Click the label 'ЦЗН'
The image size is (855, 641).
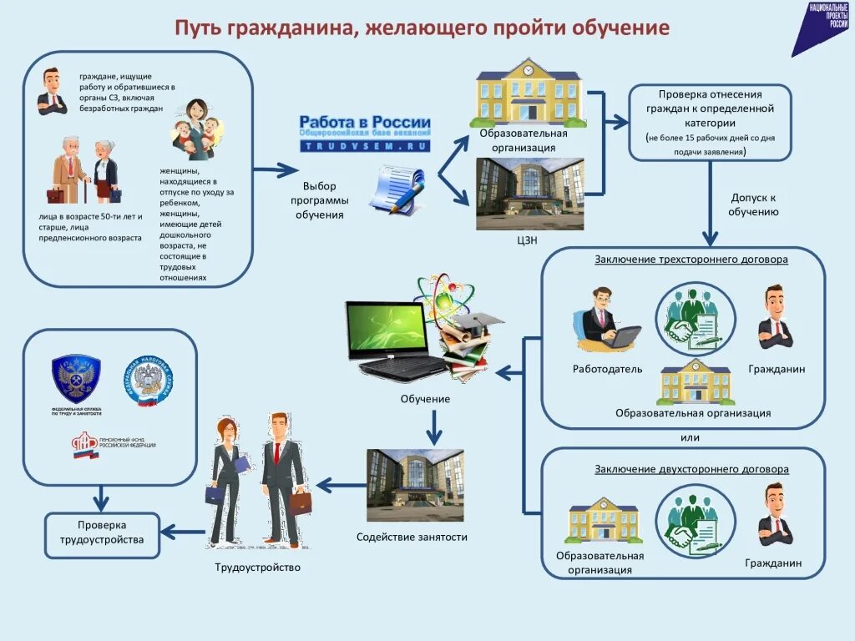tap(527, 241)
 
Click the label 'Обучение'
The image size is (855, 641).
tap(425, 399)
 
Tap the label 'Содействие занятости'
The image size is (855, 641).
tap(412, 537)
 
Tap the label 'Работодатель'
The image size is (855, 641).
tap(608, 369)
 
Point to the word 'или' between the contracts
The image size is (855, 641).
tap(689, 437)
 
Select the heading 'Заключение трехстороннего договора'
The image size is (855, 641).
tap(691, 259)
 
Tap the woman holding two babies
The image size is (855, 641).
tap(197, 129)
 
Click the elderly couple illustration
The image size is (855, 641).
tap(86, 169)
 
